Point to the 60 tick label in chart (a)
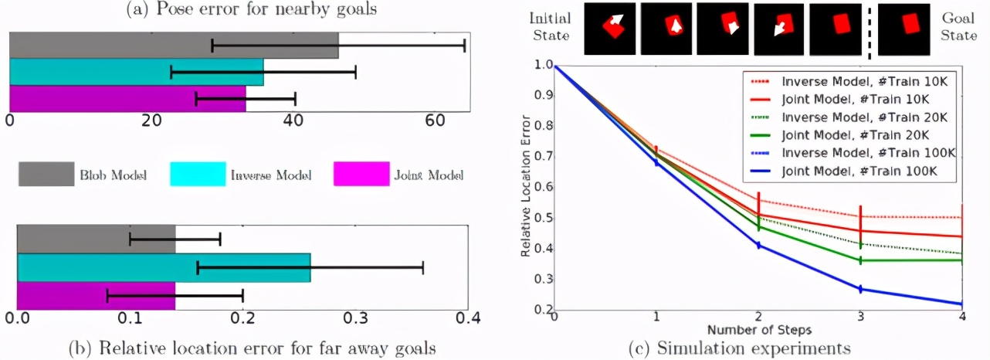click(435, 121)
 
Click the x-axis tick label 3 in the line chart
click(859, 317)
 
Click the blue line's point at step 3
click(859, 289)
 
